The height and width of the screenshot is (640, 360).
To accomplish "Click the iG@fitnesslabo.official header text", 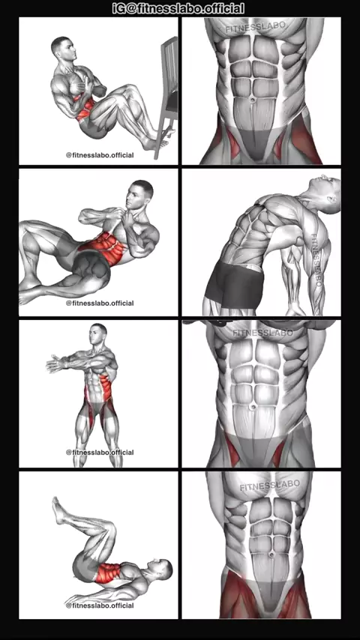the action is tap(178, 8).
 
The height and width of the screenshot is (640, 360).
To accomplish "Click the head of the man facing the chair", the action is tap(63, 48).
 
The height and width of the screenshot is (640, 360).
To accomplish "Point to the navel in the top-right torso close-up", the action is tap(253, 99).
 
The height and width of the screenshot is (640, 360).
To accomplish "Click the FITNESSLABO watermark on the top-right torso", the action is tap(256, 28).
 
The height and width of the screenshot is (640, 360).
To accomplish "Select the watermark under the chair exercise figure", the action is tap(100, 155).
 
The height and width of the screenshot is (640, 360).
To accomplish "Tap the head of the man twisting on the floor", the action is tap(139, 194).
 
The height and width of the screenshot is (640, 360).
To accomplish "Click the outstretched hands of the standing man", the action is tap(56, 363).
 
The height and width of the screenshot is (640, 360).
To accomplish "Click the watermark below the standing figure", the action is tap(100, 452).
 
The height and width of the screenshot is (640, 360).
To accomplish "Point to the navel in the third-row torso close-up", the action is tap(253, 406).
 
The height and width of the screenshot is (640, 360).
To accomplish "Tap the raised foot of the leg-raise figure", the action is tap(60, 510).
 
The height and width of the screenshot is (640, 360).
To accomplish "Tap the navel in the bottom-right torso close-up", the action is tap(271, 555).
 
